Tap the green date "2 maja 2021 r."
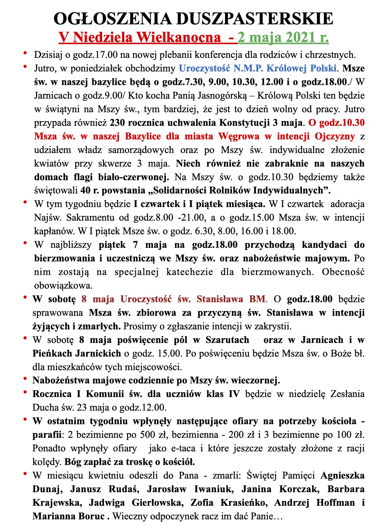click(x=283, y=37)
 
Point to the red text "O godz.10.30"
click(x=337, y=123)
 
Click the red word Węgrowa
click(x=236, y=136)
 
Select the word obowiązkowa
click(x=63, y=286)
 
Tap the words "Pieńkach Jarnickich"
click(x=77, y=353)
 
